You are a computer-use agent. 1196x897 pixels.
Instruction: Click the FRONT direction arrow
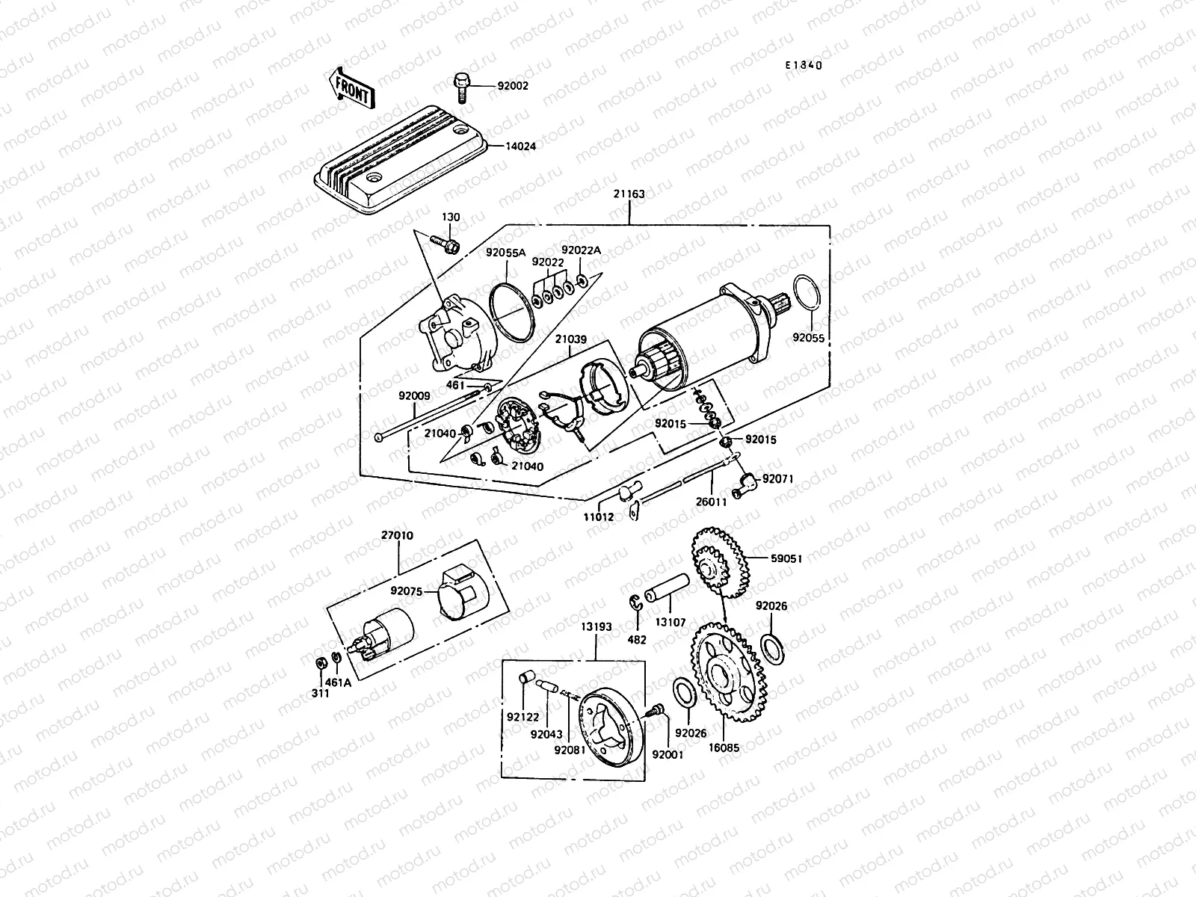point(349,88)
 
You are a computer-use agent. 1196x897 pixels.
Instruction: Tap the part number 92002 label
point(513,86)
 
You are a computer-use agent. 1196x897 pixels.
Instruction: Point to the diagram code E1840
point(803,65)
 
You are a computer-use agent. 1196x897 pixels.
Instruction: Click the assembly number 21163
point(629,194)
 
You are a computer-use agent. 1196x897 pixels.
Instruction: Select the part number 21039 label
point(570,339)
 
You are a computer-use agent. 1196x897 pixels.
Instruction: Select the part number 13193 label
point(595,627)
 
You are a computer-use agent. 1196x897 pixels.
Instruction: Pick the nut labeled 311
point(319,662)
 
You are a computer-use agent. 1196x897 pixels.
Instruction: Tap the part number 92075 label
point(407,591)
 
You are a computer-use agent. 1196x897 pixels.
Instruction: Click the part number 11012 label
point(599,516)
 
